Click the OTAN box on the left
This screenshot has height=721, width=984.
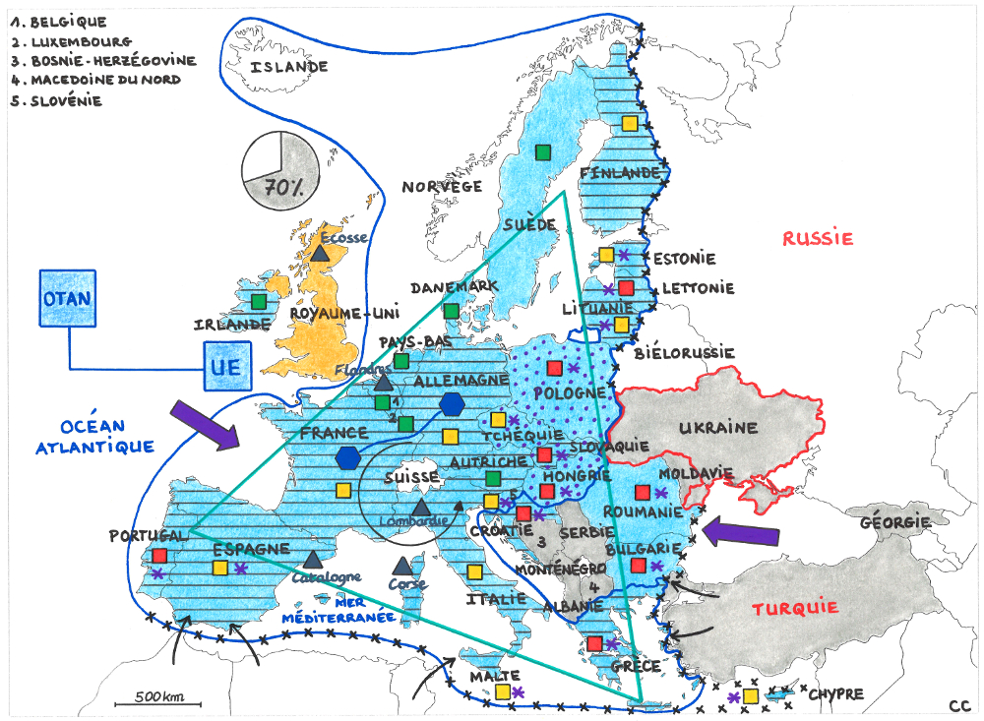pyautogui.click(x=68, y=299)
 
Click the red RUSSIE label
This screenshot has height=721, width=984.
pyautogui.click(x=818, y=238)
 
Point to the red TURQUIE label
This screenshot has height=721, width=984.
pyautogui.click(x=795, y=608)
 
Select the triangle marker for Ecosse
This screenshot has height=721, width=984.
pyautogui.click(x=320, y=252)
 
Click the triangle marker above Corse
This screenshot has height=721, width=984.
pyautogui.click(x=401, y=566)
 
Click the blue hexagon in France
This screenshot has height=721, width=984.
pyautogui.click(x=347, y=457)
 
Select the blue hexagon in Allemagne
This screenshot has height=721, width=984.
pyautogui.click(x=452, y=403)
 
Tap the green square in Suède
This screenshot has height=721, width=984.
pyautogui.click(x=542, y=151)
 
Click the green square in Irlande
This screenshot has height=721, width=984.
pyautogui.click(x=259, y=301)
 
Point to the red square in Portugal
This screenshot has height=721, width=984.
pyautogui.click(x=159, y=556)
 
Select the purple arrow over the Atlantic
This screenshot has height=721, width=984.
pyautogui.click(x=205, y=424)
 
